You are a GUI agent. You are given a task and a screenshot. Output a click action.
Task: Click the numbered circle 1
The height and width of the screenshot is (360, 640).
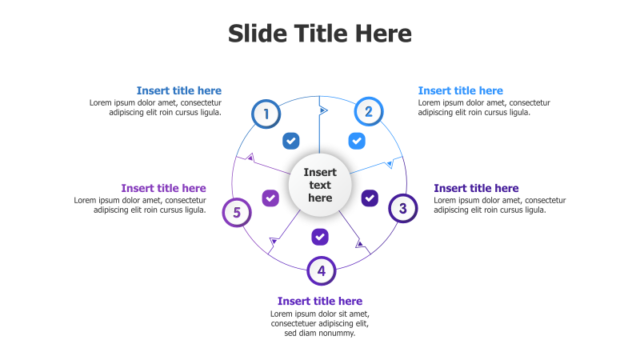tap(266, 114)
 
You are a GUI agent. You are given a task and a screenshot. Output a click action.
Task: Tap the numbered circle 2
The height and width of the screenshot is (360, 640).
tap(369, 111)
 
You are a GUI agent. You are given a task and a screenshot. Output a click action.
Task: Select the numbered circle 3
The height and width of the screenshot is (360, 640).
tap(403, 208)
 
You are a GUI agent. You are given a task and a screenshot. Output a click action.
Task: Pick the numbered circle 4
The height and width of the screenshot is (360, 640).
tap(322, 270)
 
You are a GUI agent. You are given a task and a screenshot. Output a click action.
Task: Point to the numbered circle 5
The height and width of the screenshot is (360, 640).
tap(237, 212)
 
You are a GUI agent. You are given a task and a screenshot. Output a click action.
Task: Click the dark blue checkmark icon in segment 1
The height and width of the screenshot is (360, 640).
tap(291, 141)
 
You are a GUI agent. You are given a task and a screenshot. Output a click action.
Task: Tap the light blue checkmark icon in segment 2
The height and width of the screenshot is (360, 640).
tap(357, 141)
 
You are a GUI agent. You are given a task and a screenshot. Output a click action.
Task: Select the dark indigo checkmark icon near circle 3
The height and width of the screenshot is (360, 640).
tap(370, 198)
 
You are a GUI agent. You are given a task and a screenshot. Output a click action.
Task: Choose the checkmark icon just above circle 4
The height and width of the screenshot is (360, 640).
tap(320, 237)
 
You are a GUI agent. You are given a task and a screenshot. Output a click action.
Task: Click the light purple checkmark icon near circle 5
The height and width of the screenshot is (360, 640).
tap(270, 198)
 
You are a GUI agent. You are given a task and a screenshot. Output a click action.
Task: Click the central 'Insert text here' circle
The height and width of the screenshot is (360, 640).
tap(320, 185)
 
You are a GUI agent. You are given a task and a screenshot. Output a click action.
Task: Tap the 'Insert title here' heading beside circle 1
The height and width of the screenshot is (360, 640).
tap(179, 90)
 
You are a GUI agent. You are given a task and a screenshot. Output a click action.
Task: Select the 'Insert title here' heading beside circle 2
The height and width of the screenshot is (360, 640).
tap(461, 90)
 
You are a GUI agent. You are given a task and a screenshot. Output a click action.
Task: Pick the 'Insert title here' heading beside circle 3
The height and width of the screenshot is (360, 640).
tap(476, 188)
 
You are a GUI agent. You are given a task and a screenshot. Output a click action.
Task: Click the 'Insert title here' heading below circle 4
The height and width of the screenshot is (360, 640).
tap(320, 302)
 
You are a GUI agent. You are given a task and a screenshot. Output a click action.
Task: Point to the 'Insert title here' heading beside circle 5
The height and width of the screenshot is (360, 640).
tap(164, 188)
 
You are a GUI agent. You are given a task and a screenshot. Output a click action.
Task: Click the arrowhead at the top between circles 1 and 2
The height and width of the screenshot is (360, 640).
tap(323, 110)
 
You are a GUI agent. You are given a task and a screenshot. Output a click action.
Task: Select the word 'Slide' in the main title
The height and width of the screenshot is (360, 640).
tap(258, 33)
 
